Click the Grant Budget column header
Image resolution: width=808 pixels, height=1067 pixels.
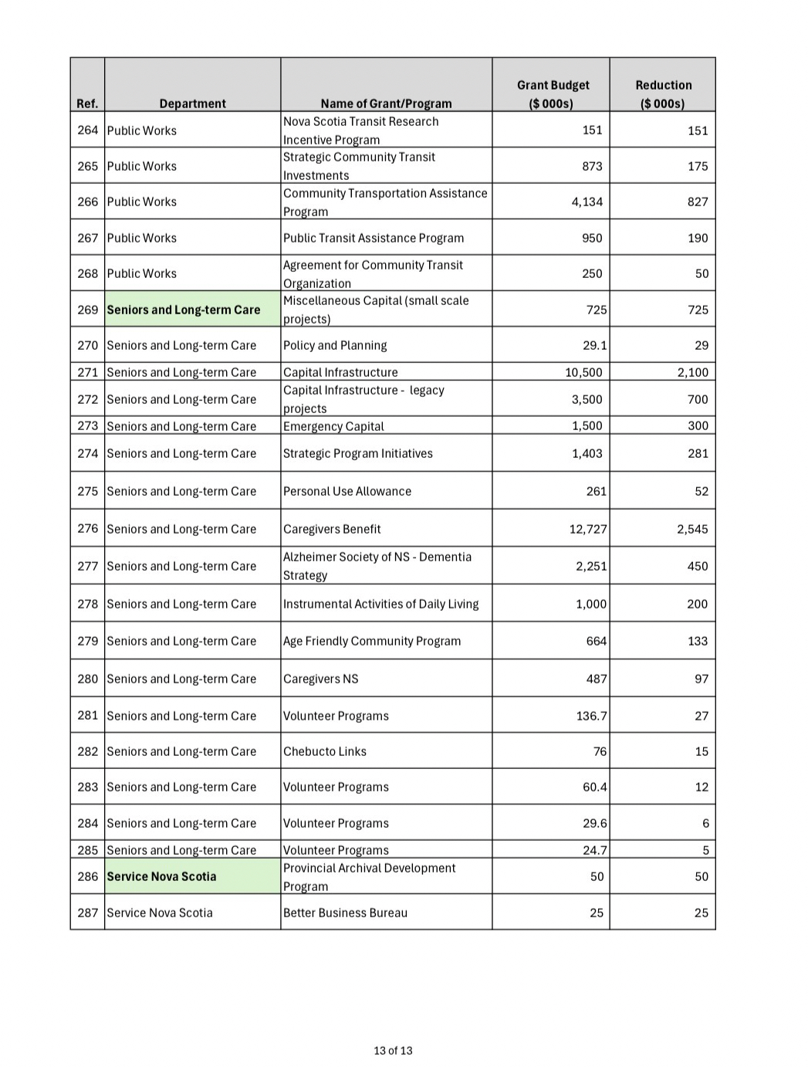[x=553, y=94]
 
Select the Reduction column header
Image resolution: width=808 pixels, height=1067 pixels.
[x=663, y=94]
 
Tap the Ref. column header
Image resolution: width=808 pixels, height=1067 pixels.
[x=87, y=103]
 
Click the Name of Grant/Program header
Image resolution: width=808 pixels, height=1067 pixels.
[x=386, y=103]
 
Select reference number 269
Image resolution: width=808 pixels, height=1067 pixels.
[x=88, y=310]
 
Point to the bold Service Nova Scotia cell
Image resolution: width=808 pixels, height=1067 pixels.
[x=161, y=876]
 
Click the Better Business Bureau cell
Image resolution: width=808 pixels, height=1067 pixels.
[x=345, y=913]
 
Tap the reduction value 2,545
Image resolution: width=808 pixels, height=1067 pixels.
[x=692, y=529]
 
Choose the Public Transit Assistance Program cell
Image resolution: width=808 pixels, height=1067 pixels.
[x=374, y=238]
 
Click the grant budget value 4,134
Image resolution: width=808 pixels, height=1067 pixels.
[x=587, y=202]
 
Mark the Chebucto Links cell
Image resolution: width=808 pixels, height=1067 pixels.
[x=325, y=751]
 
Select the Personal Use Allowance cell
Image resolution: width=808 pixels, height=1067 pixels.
[x=347, y=491]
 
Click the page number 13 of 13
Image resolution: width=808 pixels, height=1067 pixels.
[x=393, y=1050]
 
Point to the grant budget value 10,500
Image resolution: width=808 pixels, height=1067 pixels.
[x=583, y=372]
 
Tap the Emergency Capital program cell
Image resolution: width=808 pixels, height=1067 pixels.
[x=333, y=426]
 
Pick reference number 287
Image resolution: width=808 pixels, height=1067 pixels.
[x=88, y=913]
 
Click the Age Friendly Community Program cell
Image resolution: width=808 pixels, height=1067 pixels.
[x=372, y=641]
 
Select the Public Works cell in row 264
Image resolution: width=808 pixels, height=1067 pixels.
[x=142, y=130]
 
